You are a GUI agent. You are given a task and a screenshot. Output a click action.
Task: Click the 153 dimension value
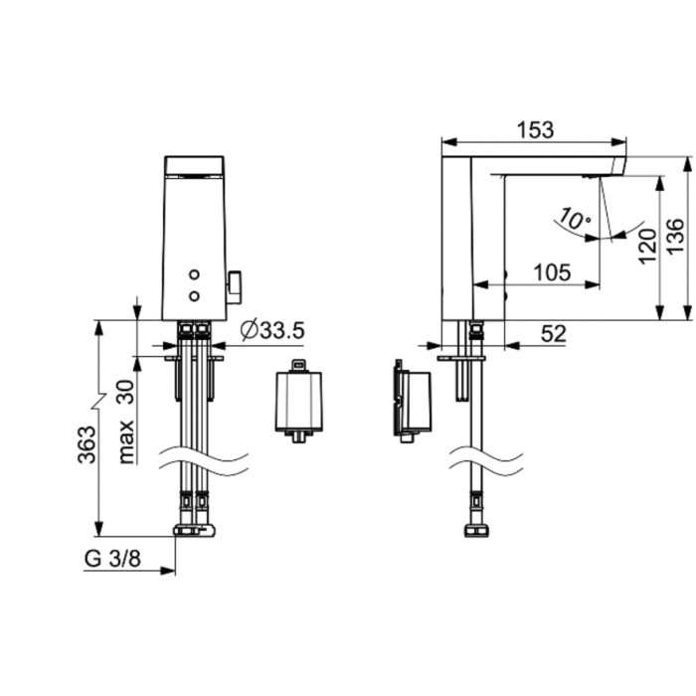pyautogui.click(x=535, y=130)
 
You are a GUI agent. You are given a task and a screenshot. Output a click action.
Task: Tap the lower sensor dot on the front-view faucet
pyautogui.click(x=194, y=294)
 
